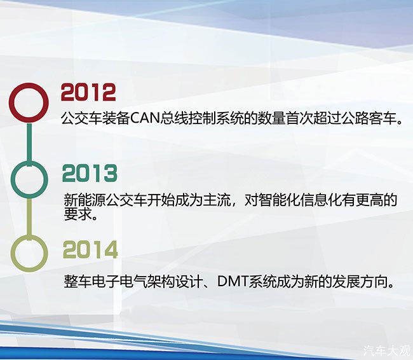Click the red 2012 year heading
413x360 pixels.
click(88, 92)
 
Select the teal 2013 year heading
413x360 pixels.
click(90, 173)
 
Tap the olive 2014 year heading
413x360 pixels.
click(90, 249)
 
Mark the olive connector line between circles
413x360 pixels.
click(29, 217)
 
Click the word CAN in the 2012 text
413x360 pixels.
click(146, 118)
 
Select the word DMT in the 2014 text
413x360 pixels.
click(233, 282)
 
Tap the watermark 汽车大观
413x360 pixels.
click(387, 350)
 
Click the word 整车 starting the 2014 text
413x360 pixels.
click(78, 282)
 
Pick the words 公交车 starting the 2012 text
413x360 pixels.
click(81, 118)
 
